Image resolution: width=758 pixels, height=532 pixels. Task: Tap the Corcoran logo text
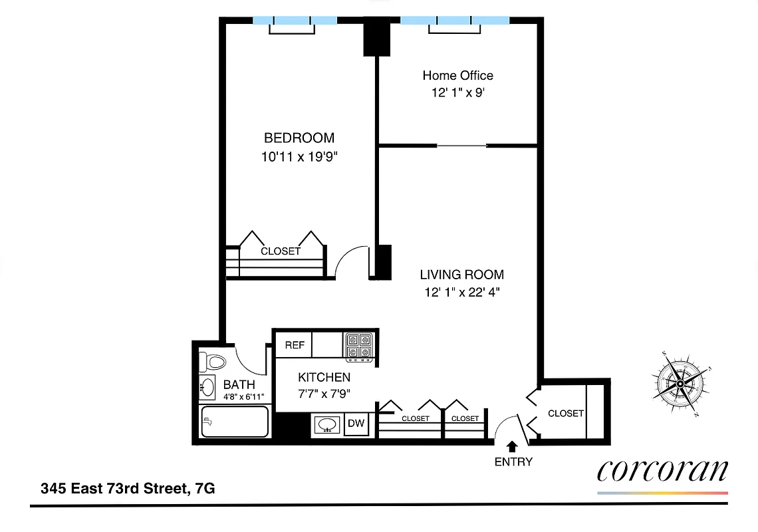662,470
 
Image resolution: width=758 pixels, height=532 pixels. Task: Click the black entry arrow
513,446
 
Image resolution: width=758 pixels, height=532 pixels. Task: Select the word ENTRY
513,462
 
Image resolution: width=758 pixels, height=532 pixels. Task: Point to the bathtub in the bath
234,422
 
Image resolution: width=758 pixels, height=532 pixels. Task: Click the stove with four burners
360,346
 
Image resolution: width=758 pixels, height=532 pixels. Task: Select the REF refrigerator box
295,345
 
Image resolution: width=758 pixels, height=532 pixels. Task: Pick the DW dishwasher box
356,424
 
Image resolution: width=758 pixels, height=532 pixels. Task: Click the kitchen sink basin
327,424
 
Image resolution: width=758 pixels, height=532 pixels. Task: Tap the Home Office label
457,75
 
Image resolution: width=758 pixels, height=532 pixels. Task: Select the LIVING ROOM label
461,274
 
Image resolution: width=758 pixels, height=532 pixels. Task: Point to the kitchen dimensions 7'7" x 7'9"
324,393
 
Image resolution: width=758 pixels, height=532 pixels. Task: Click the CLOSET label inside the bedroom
280,251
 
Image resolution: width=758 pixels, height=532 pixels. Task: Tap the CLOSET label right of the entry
565,413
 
